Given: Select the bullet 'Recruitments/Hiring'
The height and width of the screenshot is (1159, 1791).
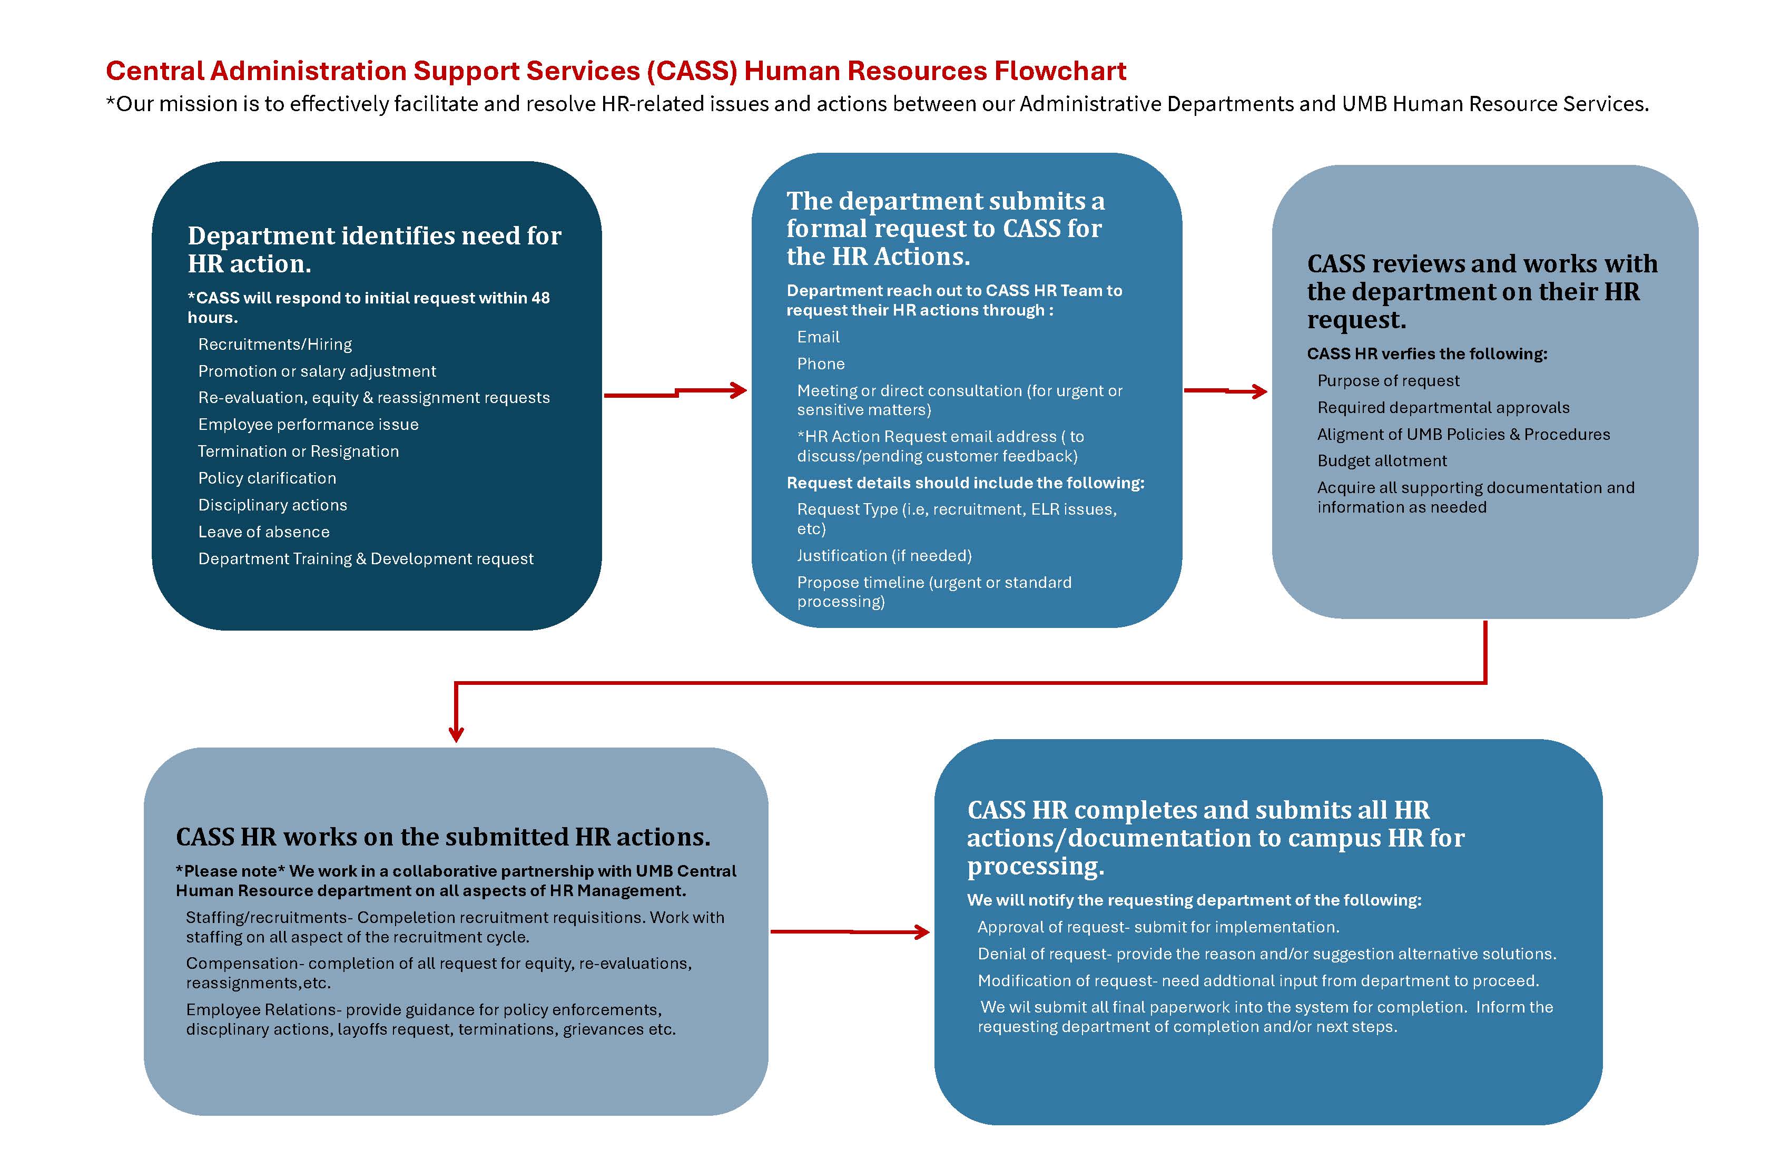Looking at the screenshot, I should (274, 345).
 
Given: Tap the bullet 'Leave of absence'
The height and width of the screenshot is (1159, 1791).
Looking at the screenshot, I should (263, 532).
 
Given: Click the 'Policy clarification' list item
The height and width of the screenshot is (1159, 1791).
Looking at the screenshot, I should (267, 479).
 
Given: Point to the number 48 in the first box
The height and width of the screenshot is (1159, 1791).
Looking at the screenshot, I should (540, 298).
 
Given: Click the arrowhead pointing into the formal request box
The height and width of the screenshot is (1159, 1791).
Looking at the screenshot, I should (739, 390).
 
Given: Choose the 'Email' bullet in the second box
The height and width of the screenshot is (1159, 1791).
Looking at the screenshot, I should (818, 337).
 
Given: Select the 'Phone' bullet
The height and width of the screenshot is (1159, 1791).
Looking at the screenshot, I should (820, 364).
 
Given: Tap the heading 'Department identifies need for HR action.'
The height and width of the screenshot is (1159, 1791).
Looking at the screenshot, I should (374, 249).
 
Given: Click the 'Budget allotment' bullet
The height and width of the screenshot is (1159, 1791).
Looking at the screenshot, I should (1382, 461).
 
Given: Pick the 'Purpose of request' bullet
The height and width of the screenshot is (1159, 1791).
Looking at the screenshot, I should (1387, 381).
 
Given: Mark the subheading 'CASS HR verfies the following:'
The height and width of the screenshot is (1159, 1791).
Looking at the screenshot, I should (1427, 353).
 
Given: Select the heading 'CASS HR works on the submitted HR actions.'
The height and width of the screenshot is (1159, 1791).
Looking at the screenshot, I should (442, 837).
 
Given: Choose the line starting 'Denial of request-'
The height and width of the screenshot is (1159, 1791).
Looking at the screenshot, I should (1266, 954).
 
